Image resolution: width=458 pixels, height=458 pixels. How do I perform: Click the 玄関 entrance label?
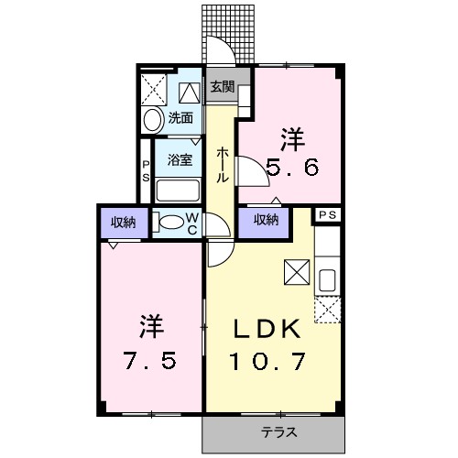pyautogui.click(x=221, y=88)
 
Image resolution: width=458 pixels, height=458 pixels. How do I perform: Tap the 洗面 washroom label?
pyautogui.click(x=180, y=118)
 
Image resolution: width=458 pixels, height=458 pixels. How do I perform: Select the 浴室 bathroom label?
pyautogui.click(x=179, y=159)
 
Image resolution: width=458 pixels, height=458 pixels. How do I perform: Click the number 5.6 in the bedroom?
pyautogui.click(x=293, y=169)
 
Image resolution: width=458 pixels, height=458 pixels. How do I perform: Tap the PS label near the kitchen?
pyautogui.click(x=327, y=214)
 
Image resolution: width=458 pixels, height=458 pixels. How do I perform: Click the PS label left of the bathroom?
pyautogui.click(x=146, y=171)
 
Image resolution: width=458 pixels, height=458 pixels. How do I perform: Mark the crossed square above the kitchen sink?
pyautogui.click(x=297, y=272)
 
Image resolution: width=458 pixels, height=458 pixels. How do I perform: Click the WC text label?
pyautogui.click(x=193, y=223)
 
